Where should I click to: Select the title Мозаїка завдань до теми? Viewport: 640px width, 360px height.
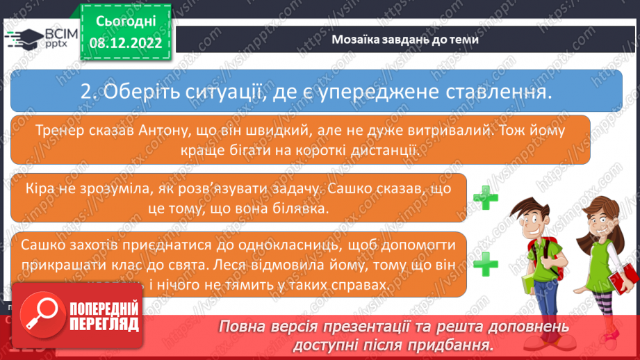[x=405, y=40]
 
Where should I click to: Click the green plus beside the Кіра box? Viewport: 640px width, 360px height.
[x=486, y=199]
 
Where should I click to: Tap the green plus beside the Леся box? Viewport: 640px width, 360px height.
[x=486, y=263]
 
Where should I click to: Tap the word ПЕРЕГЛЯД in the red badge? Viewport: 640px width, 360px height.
[x=103, y=324]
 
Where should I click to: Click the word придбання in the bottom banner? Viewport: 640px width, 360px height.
[x=457, y=345]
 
